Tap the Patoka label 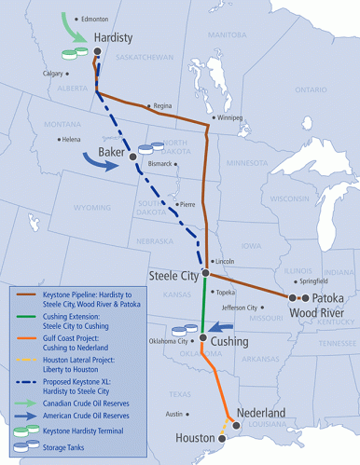[x=328, y=298]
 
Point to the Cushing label [x=229, y=342]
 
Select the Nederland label [x=261, y=412]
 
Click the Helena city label [x=71, y=140]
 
